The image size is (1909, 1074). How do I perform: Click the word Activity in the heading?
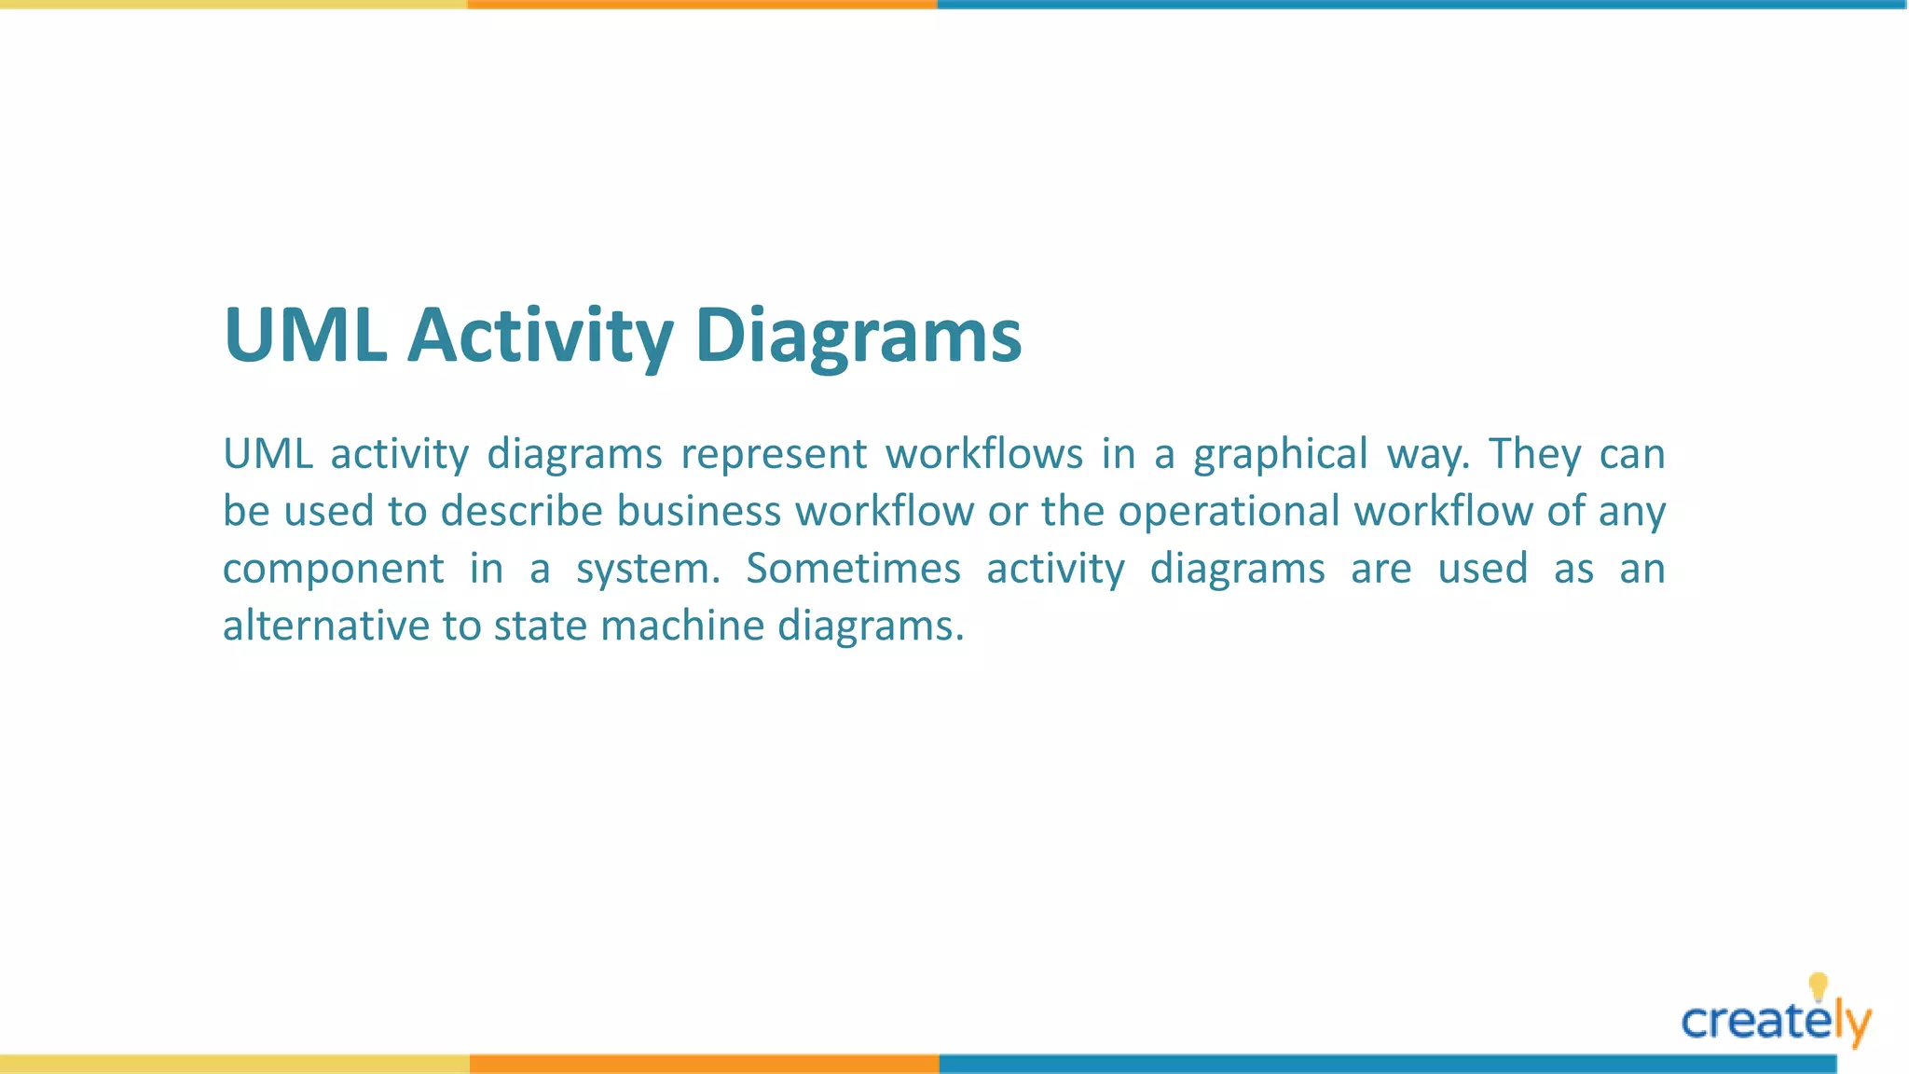540,336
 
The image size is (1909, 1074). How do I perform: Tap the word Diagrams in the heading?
858,336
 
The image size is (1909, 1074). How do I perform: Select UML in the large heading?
306,336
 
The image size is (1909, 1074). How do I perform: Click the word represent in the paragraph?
774,455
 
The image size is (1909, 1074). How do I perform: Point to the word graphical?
1280,455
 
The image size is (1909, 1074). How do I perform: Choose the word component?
333,569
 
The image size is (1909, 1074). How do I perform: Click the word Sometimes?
853,569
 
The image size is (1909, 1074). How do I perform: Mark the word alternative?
325,626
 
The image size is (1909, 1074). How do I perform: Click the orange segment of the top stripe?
702,5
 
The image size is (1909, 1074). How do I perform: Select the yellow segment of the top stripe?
233,5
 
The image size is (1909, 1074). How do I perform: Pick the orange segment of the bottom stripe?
704,1064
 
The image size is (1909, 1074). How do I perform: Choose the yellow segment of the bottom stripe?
234,1064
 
